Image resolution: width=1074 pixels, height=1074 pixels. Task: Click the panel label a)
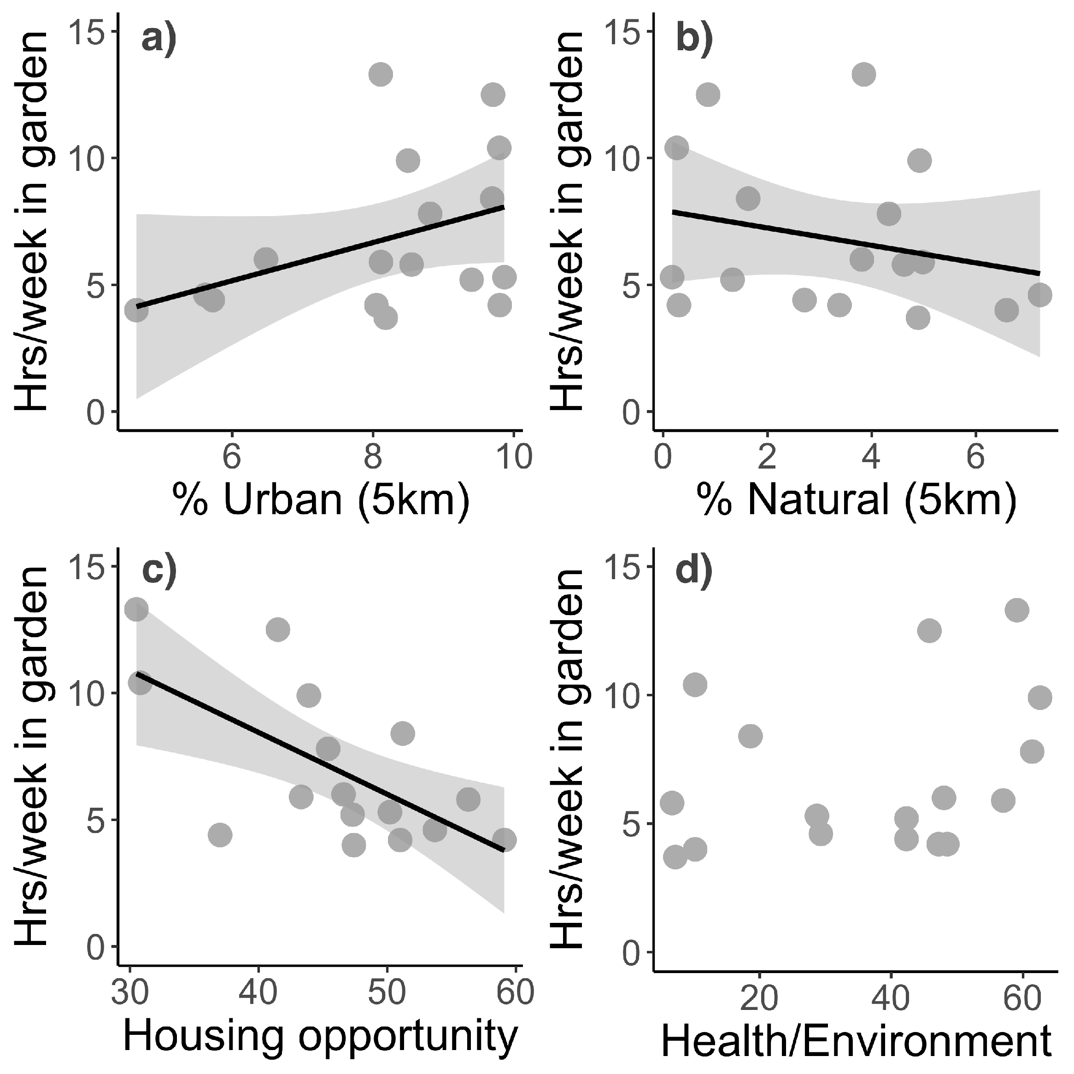[159, 40]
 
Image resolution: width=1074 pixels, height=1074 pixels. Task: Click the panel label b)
[693, 40]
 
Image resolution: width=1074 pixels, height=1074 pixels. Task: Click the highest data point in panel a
[381, 74]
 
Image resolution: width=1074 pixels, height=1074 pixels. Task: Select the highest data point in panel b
[864, 74]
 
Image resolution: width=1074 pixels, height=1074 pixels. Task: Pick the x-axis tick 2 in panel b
[767, 458]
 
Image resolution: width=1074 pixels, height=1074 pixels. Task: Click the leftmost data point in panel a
[136, 310]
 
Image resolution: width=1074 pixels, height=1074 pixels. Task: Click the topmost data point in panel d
[1017, 610]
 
